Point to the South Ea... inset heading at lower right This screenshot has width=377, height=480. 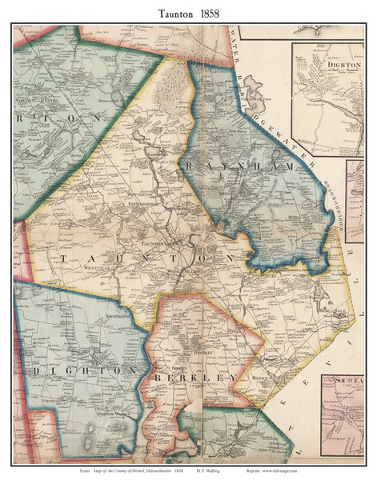point(349,378)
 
